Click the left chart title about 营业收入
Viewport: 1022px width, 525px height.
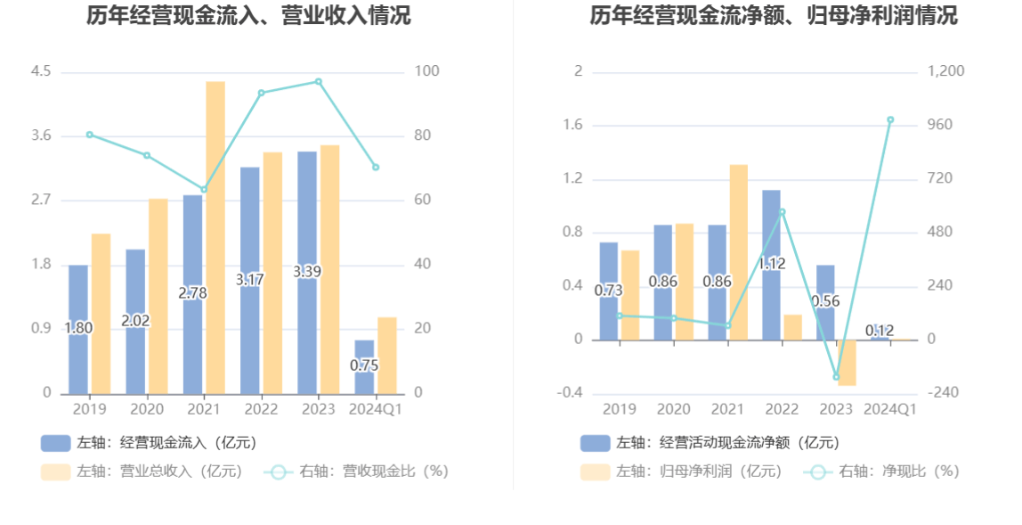coord(248,15)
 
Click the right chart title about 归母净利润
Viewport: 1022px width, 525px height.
coord(774,15)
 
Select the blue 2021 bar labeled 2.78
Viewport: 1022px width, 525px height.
coord(193,294)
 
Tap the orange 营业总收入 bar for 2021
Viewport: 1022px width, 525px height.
coord(215,237)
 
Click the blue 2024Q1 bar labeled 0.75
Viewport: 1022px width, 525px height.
coord(364,366)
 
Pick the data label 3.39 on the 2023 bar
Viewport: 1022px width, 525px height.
coord(307,272)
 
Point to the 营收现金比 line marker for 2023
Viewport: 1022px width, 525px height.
coord(319,82)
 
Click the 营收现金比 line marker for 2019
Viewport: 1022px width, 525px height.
coord(89,135)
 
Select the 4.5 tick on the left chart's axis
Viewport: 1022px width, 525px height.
coord(41,71)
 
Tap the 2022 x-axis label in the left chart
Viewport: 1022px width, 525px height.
coord(262,409)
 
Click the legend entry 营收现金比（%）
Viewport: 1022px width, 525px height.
coord(356,472)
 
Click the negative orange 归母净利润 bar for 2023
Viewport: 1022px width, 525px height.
coord(846,362)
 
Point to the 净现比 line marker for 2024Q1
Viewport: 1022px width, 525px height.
coord(890,119)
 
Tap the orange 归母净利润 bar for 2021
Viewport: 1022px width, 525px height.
coord(738,252)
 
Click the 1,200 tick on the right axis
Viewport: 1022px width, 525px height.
coord(947,71)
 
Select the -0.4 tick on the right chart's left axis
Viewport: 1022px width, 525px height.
coord(571,393)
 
